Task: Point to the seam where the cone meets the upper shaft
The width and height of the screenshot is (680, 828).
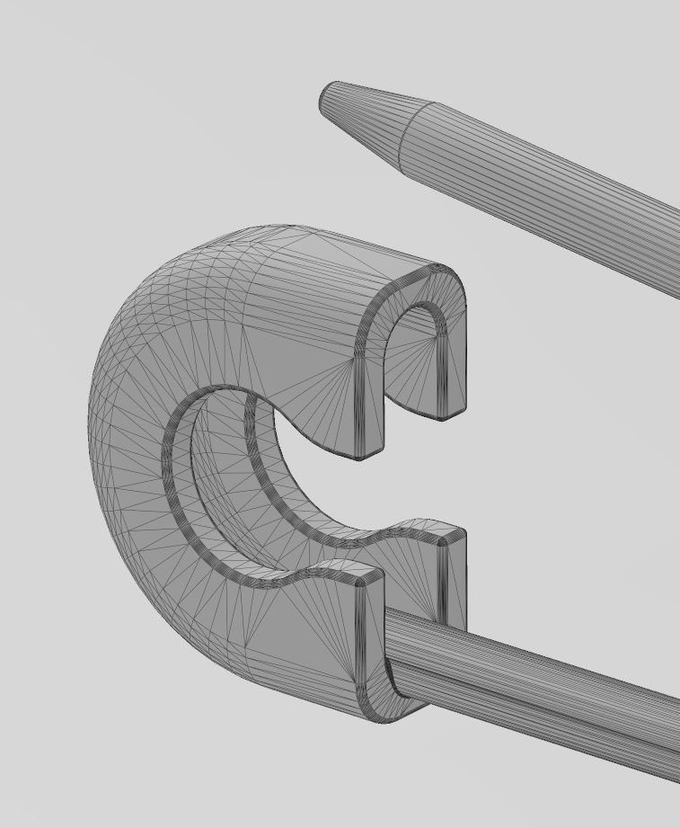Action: (411, 136)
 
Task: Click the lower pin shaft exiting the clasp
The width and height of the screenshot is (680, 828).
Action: (539, 692)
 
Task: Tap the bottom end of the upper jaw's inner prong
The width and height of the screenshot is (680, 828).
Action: (368, 454)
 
